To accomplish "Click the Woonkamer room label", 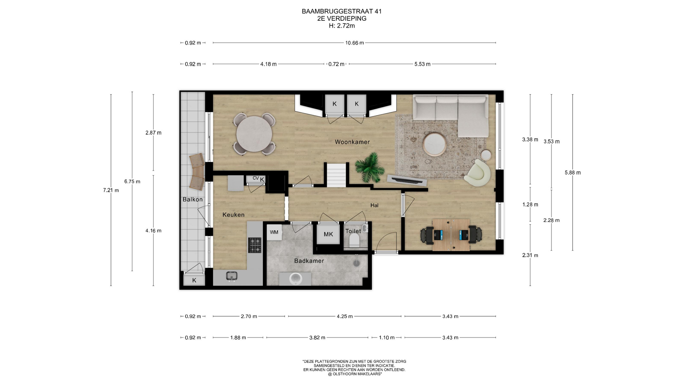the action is click(x=352, y=142).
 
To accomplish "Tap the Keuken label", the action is click(x=233, y=215).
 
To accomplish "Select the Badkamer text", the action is click(x=309, y=261).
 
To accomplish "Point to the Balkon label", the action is click(x=192, y=200).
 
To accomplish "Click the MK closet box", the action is click(x=328, y=234).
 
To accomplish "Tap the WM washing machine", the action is click(x=274, y=232).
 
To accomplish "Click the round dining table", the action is click(x=254, y=134).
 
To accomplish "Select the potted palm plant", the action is click(x=367, y=167).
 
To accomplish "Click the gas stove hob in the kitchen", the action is click(x=255, y=245).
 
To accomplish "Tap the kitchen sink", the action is click(x=232, y=276).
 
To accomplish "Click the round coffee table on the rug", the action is click(x=434, y=144).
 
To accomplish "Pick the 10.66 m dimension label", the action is click(x=354, y=43).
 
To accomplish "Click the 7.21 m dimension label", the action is click(x=111, y=190).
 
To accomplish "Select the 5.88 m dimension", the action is click(x=572, y=173).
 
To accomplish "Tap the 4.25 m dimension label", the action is click(x=344, y=316).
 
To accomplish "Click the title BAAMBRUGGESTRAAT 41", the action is click(x=342, y=11).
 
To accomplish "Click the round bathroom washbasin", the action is click(x=295, y=278).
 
